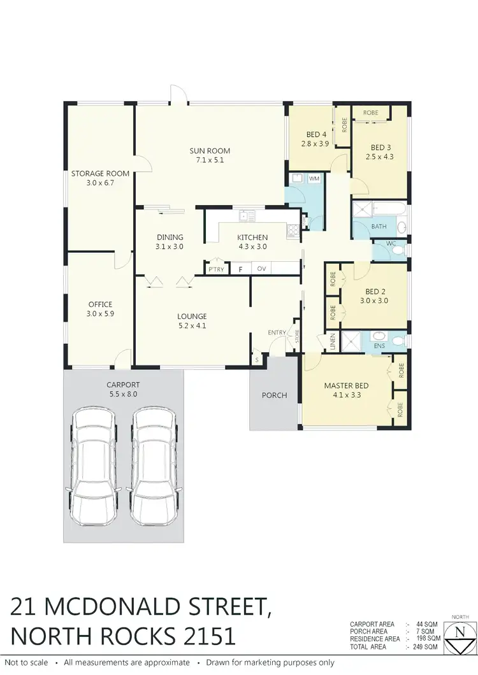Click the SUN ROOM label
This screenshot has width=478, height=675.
tap(209, 151)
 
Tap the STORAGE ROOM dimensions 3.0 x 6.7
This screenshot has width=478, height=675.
tap(100, 183)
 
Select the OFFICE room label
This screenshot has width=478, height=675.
tap(100, 304)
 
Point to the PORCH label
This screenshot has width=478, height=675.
tap(274, 395)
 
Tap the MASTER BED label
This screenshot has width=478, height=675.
tap(346, 386)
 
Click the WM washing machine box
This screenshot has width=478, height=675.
tap(314, 179)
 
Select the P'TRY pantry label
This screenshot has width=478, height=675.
tap(216, 269)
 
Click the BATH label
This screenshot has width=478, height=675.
tap(379, 226)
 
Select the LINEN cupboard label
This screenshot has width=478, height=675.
tap(333, 342)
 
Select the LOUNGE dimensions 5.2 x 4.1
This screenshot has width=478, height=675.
tap(192, 326)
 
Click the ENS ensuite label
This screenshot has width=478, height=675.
tap(380, 346)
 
